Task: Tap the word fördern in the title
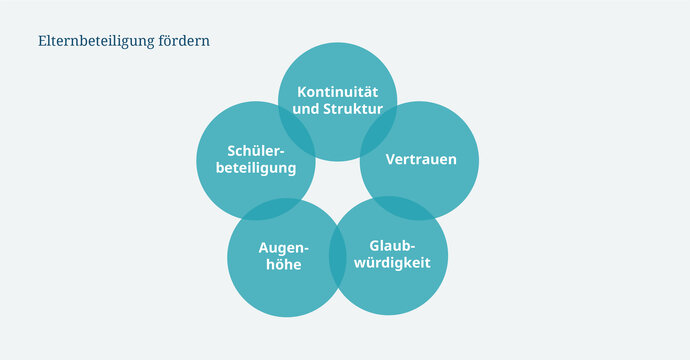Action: click(x=183, y=42)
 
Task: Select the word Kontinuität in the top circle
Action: click(x=337, y=92)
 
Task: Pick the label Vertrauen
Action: click(x=418, y=159)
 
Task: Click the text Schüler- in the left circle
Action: click(x=256, y=151)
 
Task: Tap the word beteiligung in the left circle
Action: click(x=256, y=168)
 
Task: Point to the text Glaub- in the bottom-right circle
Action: click(x=392, y=246)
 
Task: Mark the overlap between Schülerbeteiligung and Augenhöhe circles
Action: click(x=271, y=207)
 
